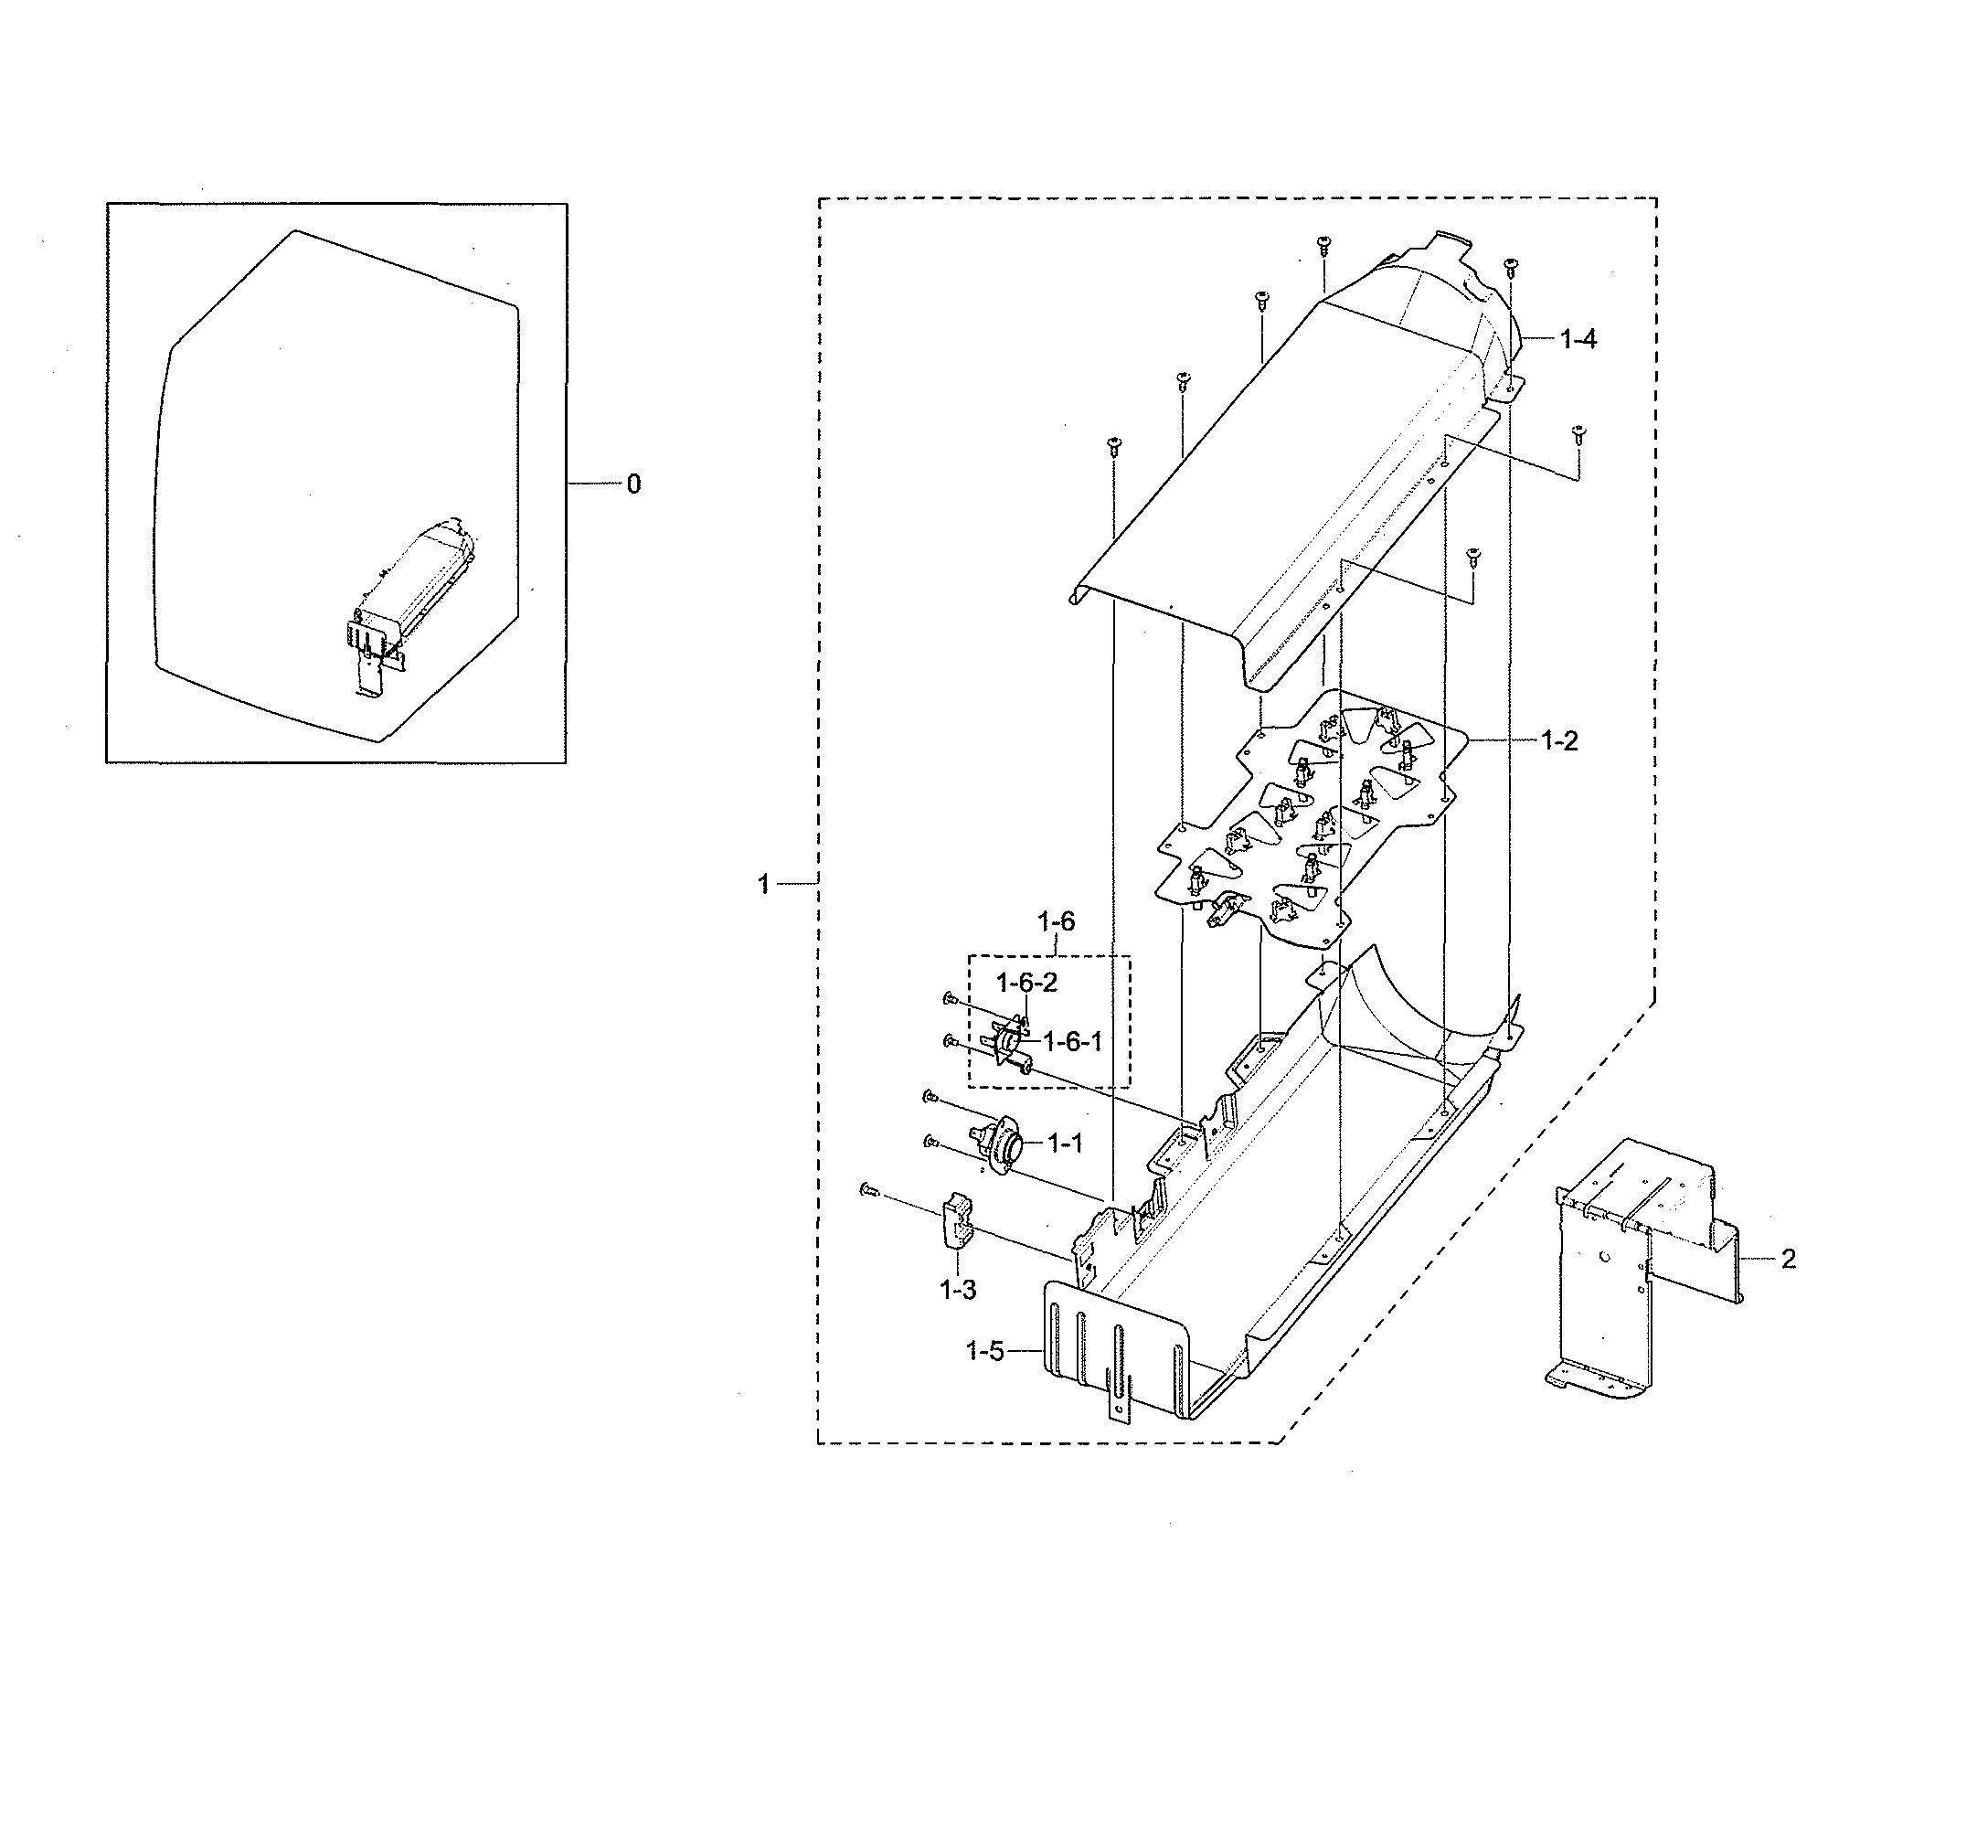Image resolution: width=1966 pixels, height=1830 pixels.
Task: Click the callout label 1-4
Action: click(x=1578, y=339)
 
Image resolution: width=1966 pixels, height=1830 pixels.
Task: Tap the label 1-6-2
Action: click(x=1026, y=983)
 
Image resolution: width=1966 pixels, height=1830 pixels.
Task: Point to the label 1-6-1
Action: click(x=1072, y=1042)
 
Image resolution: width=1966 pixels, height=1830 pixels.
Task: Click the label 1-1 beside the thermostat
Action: click(x=1064, y=1144)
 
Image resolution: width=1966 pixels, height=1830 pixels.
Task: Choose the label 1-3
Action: click(x=957, y=1290)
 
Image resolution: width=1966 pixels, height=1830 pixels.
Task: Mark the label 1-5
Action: click(x=984, y=1350)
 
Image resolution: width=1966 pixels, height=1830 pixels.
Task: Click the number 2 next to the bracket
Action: click(x=1788, y=1260)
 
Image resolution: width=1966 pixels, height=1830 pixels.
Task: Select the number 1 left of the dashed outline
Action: click(x=763, y=883)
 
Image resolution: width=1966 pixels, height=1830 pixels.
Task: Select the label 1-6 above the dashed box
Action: click(x=1055, y=922)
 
